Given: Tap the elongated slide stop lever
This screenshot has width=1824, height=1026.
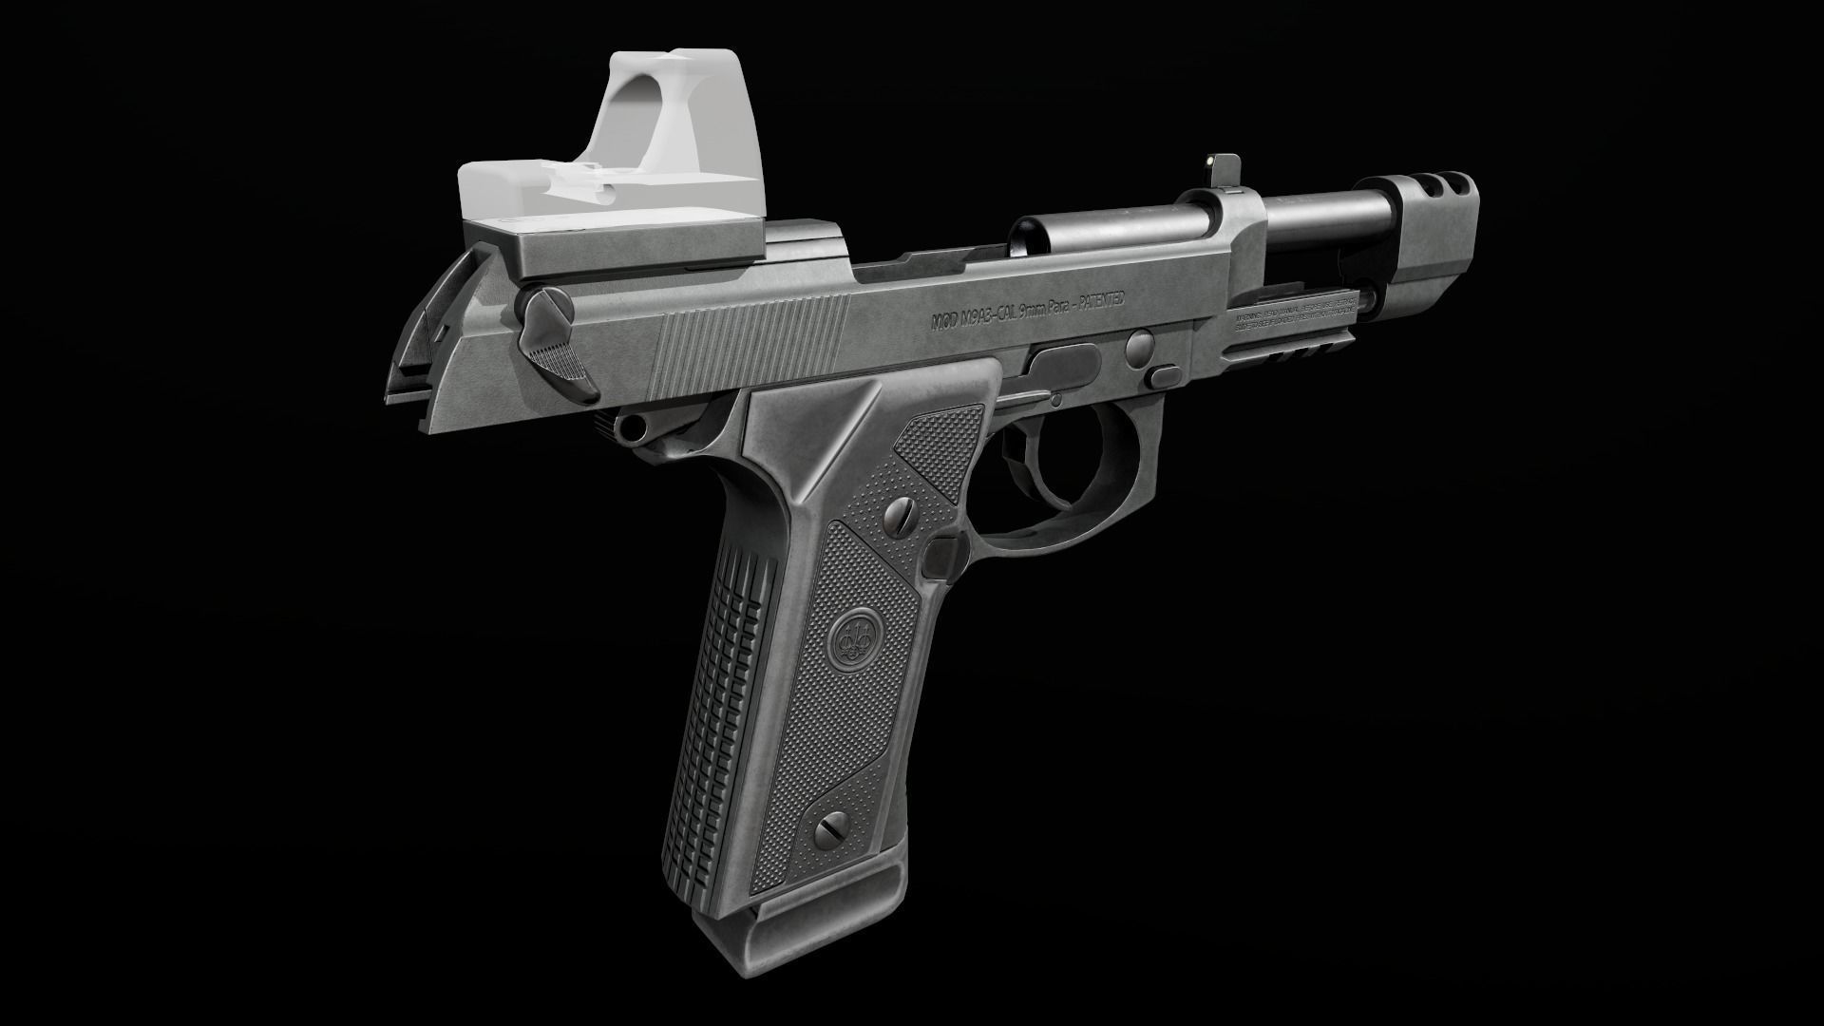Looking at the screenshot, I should click(x=1064, y=362).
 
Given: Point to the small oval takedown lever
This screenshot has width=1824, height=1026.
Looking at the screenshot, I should click(x=1160, y=377).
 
